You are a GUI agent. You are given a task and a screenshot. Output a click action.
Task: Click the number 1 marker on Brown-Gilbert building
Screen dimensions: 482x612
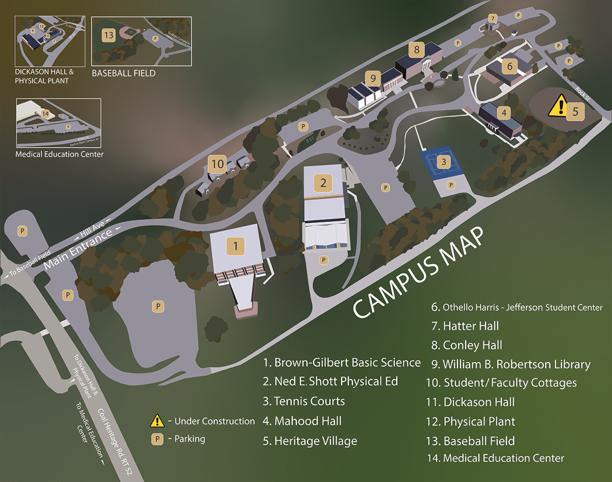(x=236, y=246)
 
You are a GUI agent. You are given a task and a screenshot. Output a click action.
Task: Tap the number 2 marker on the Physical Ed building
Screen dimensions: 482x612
(x=323, y=182)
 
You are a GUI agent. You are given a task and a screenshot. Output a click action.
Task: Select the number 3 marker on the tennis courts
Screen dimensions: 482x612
(x=444, y=163)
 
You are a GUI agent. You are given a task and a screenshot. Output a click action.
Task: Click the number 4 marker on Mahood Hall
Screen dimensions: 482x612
(x=504, y=113)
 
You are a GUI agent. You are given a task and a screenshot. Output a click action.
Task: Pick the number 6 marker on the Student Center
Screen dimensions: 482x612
(x=509, y=66)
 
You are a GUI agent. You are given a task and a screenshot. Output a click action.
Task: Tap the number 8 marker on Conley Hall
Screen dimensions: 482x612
(x=417, y=50)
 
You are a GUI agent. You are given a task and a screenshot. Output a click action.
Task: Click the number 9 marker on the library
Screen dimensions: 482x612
(x=373, y=78)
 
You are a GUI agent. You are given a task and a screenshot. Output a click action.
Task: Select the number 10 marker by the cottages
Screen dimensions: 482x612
(x=218, y=164)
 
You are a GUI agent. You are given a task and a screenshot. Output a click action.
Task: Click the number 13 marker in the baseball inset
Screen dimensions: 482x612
(x=108, y=35)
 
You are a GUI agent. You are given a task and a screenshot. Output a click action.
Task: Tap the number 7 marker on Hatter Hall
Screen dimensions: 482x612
(x=492, y=18)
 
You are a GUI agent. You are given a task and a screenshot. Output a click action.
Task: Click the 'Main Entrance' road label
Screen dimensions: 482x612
(x=78, y=250)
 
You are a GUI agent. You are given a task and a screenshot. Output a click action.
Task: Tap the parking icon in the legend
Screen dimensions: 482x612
(x=158, y=439)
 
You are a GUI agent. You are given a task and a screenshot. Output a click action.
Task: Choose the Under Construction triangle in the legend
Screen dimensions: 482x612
(x=157, y=421)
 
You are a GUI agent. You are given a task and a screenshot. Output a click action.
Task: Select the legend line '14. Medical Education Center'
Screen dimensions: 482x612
(x=496, y=458)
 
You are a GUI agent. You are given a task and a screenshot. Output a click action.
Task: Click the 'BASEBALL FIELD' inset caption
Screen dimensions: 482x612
(x=123, y=73)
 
